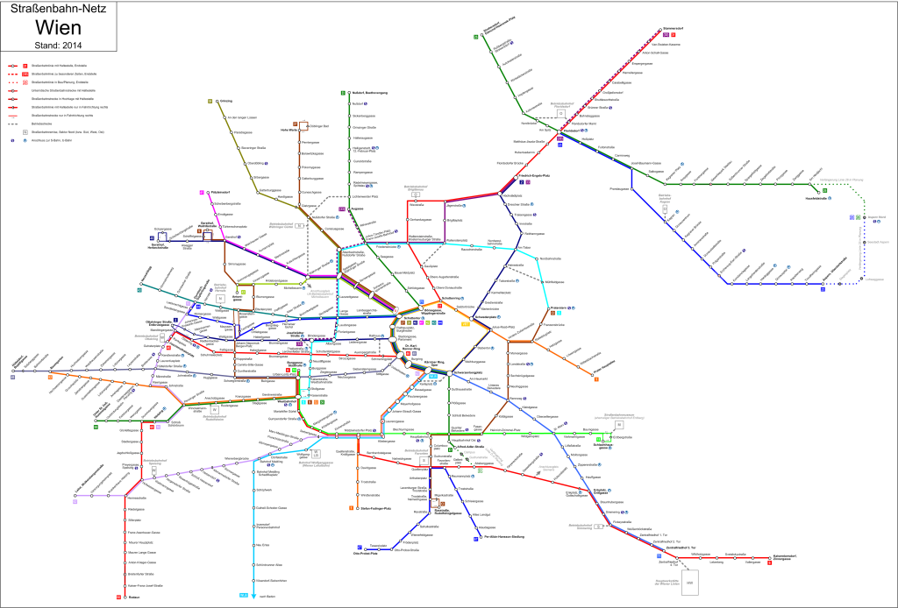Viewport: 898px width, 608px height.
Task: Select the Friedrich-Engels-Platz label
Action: click(532, 176)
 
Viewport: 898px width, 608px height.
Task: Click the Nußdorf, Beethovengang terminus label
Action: click(369, 92)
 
